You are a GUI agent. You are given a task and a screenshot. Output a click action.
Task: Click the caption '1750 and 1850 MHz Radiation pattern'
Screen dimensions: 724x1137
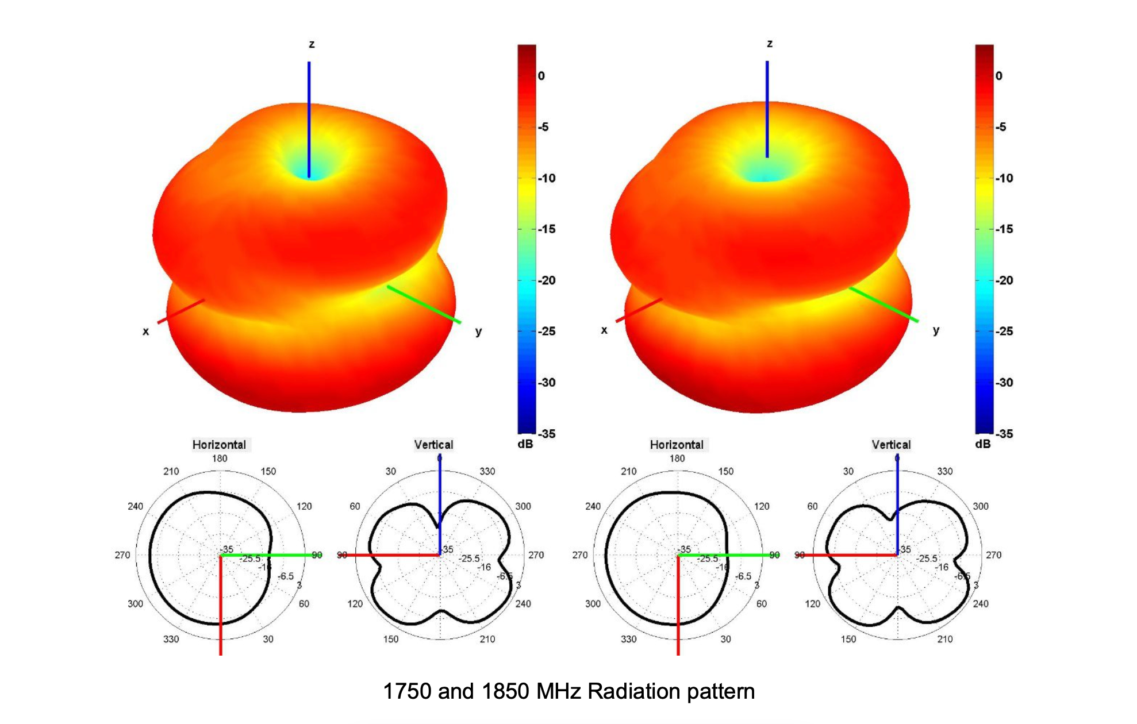coord(568,691)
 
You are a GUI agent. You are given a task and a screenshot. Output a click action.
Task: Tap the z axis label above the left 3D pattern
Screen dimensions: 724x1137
coord(312,44)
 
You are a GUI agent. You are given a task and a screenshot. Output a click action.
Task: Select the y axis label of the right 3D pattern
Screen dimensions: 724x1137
coord(936,330)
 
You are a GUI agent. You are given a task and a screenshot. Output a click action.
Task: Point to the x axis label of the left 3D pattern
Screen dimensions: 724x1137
coord(145,331)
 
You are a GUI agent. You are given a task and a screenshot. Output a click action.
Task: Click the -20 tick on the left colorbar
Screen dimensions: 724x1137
coord(547,280)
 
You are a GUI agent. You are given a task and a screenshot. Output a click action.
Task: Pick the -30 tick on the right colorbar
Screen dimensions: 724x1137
coord(1004,383)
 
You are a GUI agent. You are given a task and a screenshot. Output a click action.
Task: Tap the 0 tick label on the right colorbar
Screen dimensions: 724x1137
coord(998,76)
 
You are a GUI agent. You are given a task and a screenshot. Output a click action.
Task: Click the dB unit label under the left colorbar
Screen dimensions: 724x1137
coord(525,444)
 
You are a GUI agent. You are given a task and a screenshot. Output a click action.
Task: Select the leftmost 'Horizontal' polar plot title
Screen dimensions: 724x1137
coord(219,445)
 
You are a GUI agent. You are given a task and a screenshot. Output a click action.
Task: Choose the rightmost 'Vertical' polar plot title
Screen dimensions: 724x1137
coord(891,445)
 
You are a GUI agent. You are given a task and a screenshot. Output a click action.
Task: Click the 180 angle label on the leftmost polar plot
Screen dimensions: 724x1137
coord(220,459)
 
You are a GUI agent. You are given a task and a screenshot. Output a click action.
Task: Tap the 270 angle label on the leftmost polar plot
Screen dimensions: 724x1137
coord(122,555)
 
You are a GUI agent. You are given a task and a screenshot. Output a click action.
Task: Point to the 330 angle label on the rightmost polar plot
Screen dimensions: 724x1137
coord(945,471)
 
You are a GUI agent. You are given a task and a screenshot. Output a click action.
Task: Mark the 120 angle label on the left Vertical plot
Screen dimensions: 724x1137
coord(355,604)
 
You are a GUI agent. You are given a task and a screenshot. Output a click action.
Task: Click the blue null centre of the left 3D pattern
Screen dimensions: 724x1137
coord(309,171)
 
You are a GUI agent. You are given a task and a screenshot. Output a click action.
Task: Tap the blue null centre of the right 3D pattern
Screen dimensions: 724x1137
coord(766,172)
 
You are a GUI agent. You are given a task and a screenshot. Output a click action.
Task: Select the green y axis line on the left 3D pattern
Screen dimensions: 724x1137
coord(424,304)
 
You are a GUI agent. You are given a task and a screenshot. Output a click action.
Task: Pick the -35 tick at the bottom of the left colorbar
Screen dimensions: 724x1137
coord(547,434)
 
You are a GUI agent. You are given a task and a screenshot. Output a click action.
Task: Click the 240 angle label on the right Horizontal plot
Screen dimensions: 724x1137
coord(593,506)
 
